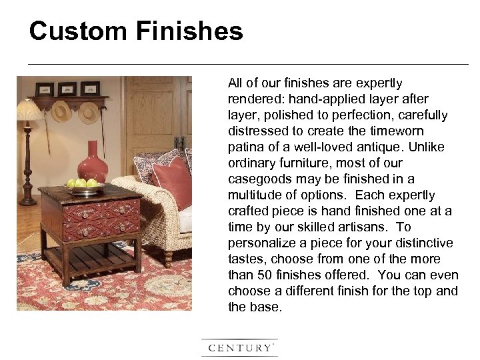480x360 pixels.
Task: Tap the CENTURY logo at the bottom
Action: pos(240,347)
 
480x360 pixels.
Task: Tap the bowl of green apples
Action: pos(81,186)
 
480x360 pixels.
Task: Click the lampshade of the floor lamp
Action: pos(27,111)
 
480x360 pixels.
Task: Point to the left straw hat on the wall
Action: pos(61,111)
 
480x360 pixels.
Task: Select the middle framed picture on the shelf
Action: pos(67,89)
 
